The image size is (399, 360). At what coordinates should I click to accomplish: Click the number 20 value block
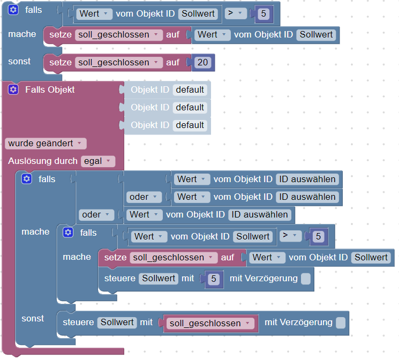tap(202, 63)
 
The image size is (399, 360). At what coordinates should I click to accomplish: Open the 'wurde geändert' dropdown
tap(46, 144)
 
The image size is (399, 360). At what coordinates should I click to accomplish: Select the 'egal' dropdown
tap(97, 161)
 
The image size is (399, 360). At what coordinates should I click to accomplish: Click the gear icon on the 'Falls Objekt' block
tap(13, 89)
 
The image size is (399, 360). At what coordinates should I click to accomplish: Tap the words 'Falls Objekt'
tap(50, 89)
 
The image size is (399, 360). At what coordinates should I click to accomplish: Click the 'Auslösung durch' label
tap(43, 161)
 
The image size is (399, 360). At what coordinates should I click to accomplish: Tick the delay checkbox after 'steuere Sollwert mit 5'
tap(305, 279)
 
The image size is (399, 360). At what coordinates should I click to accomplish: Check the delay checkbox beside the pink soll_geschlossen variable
tap(340, 322)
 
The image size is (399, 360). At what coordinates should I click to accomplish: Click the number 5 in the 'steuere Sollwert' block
tap(214, 279)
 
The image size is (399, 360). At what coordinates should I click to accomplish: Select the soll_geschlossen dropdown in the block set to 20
tap(119, 63)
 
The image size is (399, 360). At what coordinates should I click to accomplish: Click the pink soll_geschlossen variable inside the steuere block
tap(210, 323)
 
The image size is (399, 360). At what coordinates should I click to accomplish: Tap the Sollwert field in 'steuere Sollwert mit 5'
tap(159, 279)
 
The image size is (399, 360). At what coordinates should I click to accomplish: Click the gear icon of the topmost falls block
tap(13, 10)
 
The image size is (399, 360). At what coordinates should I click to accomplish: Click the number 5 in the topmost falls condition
tap(263, 14)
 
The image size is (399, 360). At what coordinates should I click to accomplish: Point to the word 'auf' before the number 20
tap(172, 63)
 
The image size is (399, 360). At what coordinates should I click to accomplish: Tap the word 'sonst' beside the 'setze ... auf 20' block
tap(19, 61)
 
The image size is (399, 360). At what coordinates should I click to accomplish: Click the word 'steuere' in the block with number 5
tap(119, 279)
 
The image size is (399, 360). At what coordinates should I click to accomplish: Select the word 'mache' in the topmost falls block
tap(22, 34)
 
